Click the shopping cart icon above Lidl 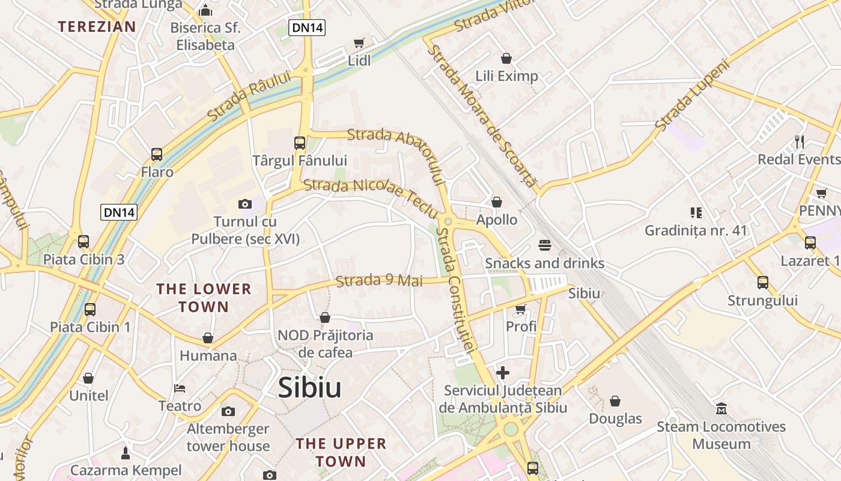[x=359, y=43]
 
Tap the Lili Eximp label [x=506, y=76]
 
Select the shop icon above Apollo [x=497, y=202]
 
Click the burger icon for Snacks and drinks [x=545, y=245]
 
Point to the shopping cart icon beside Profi [x=520, y=309]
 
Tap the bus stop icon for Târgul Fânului [x=300, y=143]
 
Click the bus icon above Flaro [x=157, y=155]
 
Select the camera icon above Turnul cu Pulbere [x=244, y=204]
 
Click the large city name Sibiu [x=309, y=388]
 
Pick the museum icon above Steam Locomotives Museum [x=721, y=409]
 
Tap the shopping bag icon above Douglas [x=615, y=401]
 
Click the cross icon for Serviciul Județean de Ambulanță [x=503, y=373]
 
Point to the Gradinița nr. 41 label [x=696, y=230]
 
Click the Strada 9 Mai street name [x=379, y=281]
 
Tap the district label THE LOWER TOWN [x=204, y=298]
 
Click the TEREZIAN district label [x=97, y=26]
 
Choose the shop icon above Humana [x=208, y=338]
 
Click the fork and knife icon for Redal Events [x=800, y=142]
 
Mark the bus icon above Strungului [x=763, y=283]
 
